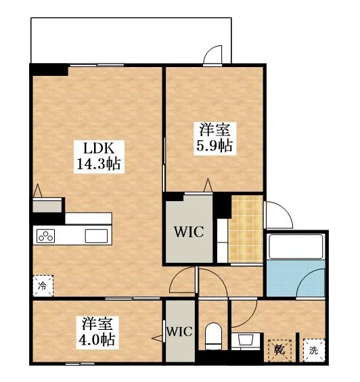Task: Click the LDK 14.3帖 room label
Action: click(99, 156)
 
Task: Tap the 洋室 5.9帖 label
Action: click(215, 138)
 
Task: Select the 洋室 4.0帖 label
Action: click(97, 333)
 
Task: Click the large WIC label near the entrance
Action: click(189, 232)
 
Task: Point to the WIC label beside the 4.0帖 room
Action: click(179, 332)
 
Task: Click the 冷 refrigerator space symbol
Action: click(43, 286)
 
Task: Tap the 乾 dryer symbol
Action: click(279, 350)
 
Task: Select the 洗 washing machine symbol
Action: click(314, 350)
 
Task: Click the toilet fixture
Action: click(213, 337)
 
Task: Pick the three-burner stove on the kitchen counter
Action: click(45, 236)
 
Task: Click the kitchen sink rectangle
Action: click(96, 236)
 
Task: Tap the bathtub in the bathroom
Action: click(296, 247)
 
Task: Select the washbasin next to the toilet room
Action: click(246, 340)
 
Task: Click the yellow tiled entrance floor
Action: click(246, 229)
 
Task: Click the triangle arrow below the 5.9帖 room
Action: click(208, 185)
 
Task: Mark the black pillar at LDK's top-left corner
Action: click(49, 70)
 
